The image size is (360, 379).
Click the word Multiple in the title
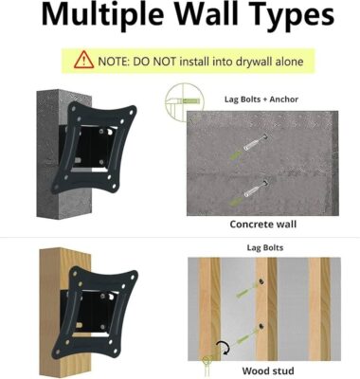tap(102, 15)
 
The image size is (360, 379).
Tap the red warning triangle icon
tap(83, 60)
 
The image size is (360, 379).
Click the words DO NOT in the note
tap(154, 62)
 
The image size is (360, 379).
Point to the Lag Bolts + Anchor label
tap(261, 99)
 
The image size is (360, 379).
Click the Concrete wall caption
tap(263, 224)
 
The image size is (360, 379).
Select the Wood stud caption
tap(268, 370)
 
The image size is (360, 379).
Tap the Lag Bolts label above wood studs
tap(265, 247)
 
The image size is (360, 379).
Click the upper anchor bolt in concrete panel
tap(255, 142)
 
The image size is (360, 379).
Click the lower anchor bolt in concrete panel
tap(255, 189)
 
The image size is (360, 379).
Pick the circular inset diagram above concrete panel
tap(185, 101)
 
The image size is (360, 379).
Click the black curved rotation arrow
tap(224, 348)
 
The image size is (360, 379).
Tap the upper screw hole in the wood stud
tap(261, 281)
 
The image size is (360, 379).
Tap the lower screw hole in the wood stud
tap(261, 327)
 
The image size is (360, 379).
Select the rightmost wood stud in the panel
tap(319, 309)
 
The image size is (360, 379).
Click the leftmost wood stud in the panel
tap(209, 309)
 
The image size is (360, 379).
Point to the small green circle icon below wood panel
tap(207, 359)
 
